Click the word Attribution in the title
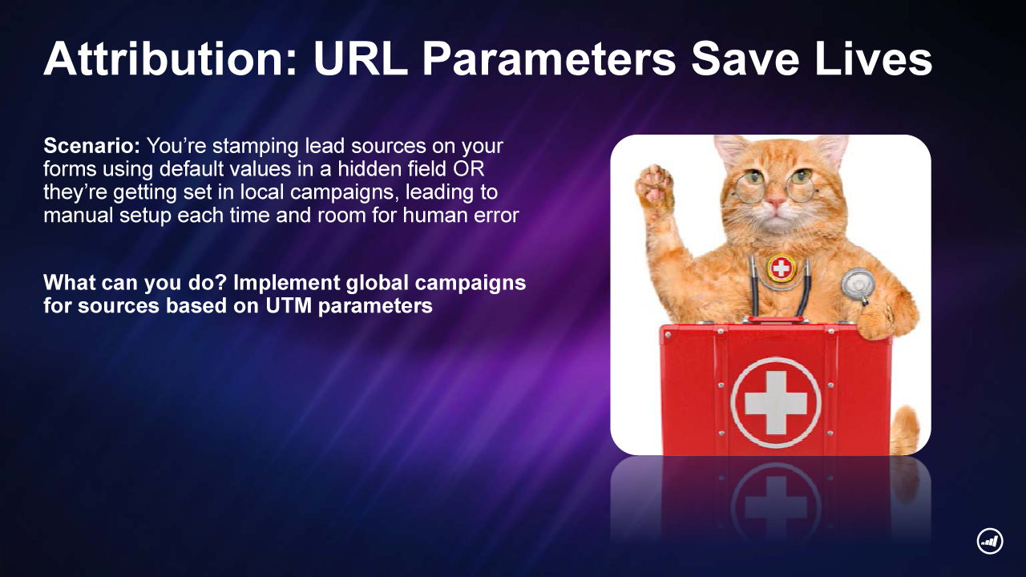171,59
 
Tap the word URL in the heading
361,59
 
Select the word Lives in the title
874,59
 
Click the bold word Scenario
91,146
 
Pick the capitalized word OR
469,169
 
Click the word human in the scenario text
435,215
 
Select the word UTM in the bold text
289,305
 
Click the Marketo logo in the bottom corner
990,542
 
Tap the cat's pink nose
775,200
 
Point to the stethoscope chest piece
858,284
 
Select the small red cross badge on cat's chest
782,268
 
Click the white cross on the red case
775,403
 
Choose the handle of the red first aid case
775,320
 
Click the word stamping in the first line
255,147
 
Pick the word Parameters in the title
549,59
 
